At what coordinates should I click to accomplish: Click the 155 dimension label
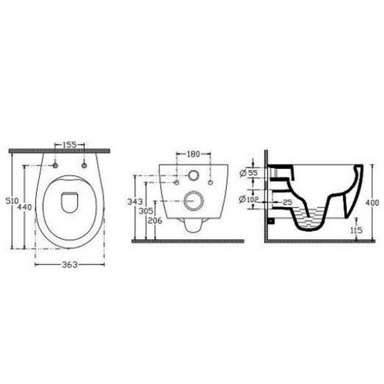[x=70, y=145]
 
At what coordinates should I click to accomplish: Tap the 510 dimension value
[x=12, y=201]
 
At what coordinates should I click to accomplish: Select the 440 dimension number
[x=24, y=207]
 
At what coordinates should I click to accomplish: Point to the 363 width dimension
[x=70, y=265]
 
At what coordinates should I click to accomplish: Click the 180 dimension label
[x=193, y=154]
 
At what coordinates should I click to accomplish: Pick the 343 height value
[x=135, y=201]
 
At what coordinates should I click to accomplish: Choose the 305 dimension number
[x=146, y=211]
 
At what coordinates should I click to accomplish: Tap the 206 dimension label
[x=155, y=221]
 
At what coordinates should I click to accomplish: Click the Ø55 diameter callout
[x=249, y=173]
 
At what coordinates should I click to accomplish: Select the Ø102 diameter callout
[x=249, y=199]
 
